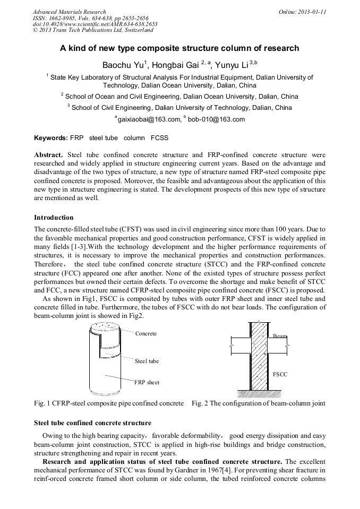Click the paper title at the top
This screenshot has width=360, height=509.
(x=179, y=48)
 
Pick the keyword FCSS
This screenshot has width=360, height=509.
(x=159, y=138)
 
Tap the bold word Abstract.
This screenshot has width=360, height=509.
(x=48, y=156)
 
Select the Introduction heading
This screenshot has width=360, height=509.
(x=54, y=218)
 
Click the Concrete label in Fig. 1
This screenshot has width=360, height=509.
(x=146, y=334)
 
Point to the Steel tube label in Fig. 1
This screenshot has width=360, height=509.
(x=147, y=361)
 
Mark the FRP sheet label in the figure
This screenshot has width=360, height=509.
(x=147, y=382)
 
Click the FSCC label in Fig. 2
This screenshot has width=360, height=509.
(x=280, y=374)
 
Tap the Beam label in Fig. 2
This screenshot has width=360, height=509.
(x=280, y=337)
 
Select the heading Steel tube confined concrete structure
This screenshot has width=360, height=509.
(x=92, y=423)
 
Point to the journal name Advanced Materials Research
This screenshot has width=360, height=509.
(x=69, y=12)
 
